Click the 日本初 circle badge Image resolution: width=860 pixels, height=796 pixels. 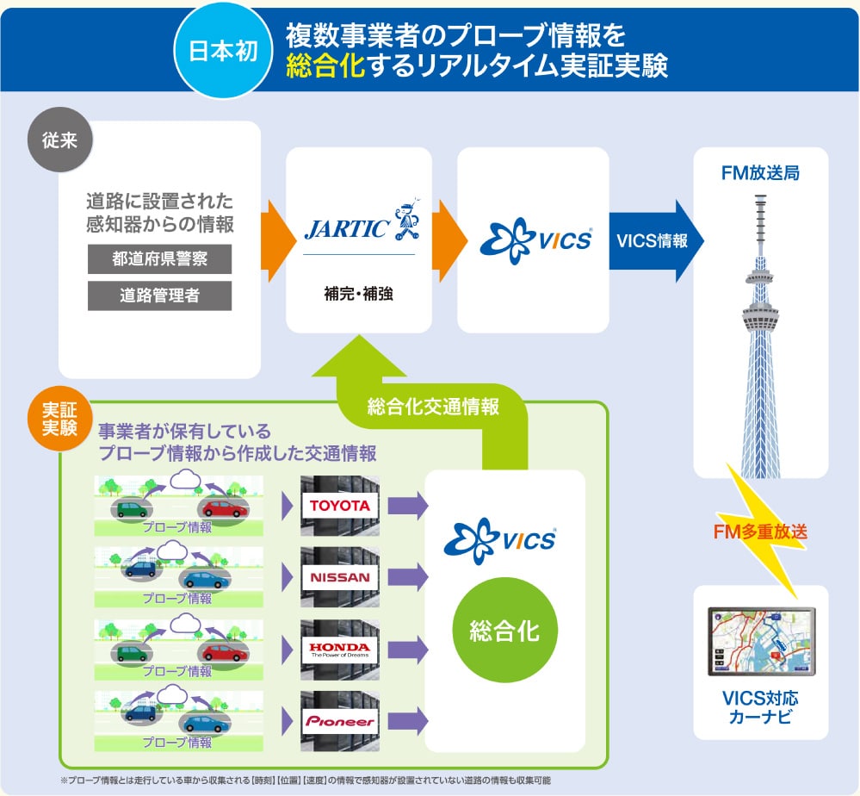click(x=223, y=51)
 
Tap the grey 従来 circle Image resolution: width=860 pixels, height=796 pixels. click(x=59, y=140)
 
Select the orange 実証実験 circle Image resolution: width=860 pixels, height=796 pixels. click(x=59, y=419)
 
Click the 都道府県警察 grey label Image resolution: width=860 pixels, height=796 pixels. click(x=159, y=258)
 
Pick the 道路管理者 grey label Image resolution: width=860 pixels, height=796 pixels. click(x=159, y=295)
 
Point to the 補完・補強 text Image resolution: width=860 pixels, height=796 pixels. click(x=359, y=294)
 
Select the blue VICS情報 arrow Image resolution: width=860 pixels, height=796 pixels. click(x=656, y=241)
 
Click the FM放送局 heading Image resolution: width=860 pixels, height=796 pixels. click(x=760, y=173)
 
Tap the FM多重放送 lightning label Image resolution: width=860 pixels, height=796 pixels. click(x=760, y=531)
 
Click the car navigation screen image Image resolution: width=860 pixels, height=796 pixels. click(x=761, y=641)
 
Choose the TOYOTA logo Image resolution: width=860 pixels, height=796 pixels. click(x=340, y=506)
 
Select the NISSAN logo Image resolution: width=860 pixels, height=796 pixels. click(x=340, y=577)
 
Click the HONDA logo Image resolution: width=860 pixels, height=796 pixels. click(x=340, y=650)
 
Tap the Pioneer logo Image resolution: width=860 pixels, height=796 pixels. click(x=340, y=721)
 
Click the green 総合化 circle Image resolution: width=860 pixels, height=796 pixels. click(x=504, y=631)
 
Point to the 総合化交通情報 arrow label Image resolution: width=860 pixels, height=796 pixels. click(x=433, y=407)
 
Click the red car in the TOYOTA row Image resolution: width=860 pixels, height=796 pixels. click(x=225, y=509)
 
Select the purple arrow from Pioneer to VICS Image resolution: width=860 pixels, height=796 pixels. click(x=407, y=721)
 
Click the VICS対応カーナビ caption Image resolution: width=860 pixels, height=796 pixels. click(x=760, y=707)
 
